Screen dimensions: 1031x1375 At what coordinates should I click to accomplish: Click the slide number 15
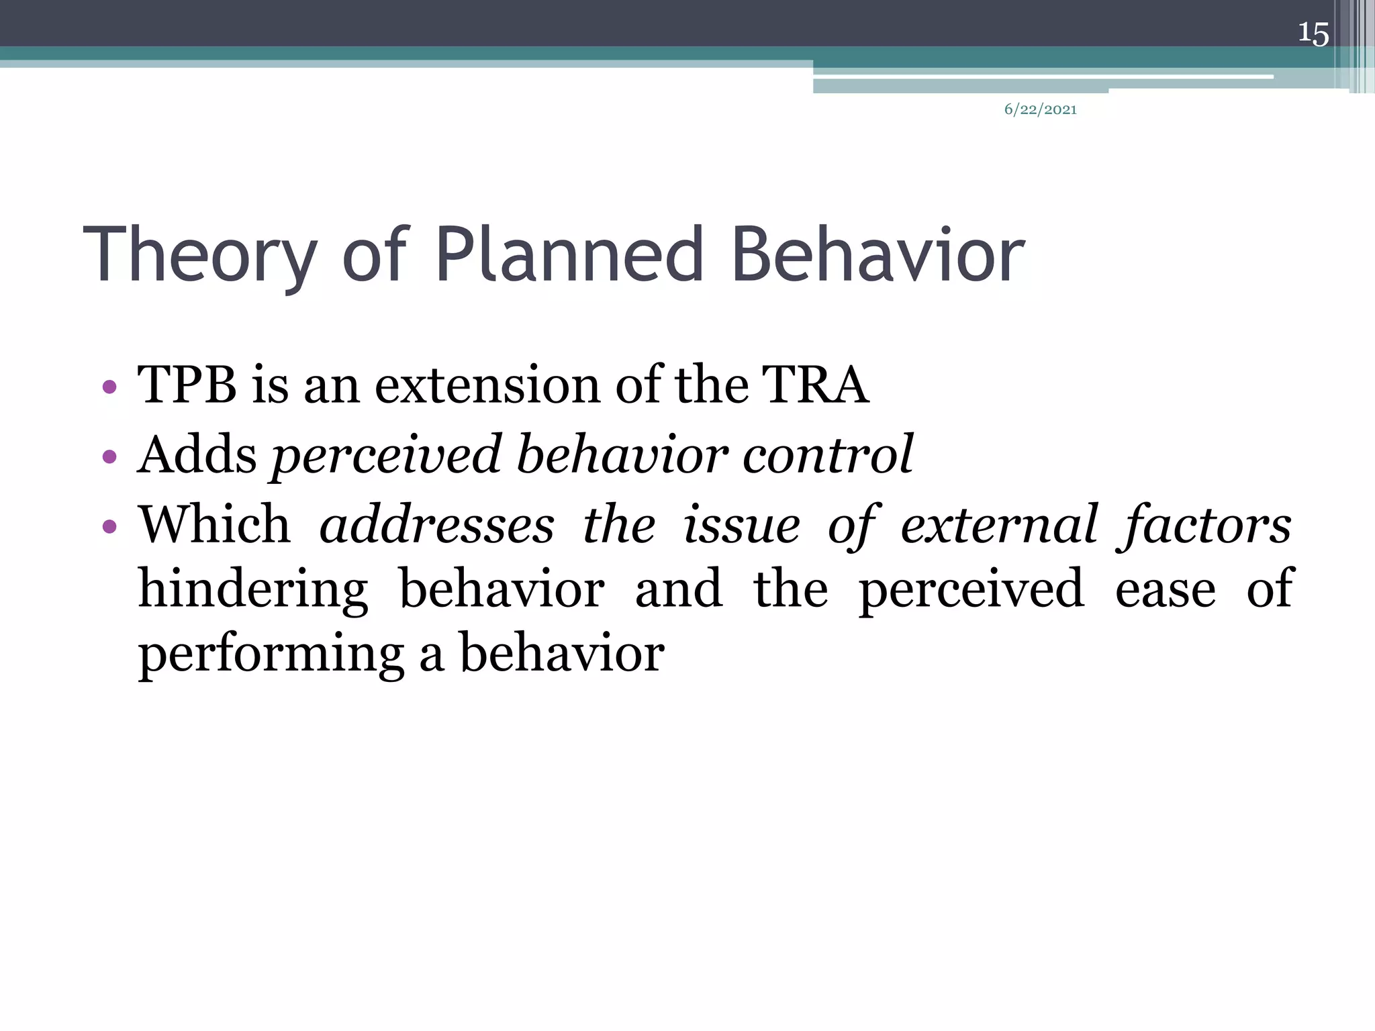point(1313,33)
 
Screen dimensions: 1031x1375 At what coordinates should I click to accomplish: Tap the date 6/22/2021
point(1040,109)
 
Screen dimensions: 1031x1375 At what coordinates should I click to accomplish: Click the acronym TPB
point(187,385)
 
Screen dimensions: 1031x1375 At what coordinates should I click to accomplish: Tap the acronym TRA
point(815,385)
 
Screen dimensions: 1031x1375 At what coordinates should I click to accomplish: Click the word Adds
point(197,454)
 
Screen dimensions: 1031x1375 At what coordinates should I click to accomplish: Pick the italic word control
point(827,454)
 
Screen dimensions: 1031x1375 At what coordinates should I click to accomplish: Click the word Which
point(214,524)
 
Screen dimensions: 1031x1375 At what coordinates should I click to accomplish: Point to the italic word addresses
point(437,525)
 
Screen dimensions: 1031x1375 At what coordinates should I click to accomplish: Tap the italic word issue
point(741,525)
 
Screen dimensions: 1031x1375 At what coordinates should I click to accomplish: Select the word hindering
point(253,589)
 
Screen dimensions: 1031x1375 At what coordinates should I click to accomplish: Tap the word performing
point(271,654)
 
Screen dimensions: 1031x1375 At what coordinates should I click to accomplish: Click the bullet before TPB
point(109,387)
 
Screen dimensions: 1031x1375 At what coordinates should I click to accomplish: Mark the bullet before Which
point(109,526)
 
